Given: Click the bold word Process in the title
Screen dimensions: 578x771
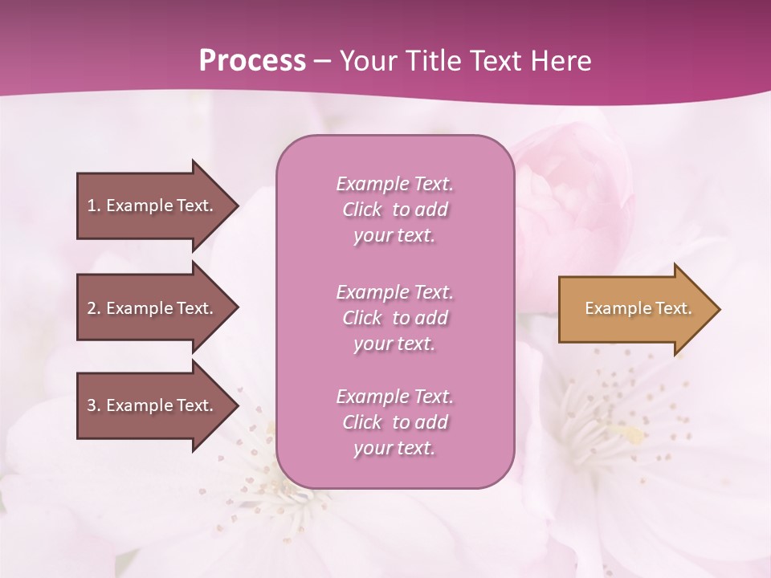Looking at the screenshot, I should click(252, 61).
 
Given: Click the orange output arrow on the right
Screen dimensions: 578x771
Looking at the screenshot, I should click(634, 309).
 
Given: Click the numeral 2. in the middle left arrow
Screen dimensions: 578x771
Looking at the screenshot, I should click(93, 308).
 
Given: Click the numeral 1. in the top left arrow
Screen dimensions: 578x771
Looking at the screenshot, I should click(93, 206).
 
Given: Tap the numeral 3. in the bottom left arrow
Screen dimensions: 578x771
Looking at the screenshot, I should click(93, 405).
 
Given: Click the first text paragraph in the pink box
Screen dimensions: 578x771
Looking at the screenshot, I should click(394, 210).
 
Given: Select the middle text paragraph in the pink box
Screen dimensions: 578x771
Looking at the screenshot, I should click(394, 318).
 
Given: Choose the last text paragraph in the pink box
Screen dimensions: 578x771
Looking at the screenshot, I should click(394, 422).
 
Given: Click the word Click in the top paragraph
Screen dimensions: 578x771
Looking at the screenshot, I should click(362, 210).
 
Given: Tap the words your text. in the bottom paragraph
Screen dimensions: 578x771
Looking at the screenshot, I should click(394, 448).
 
